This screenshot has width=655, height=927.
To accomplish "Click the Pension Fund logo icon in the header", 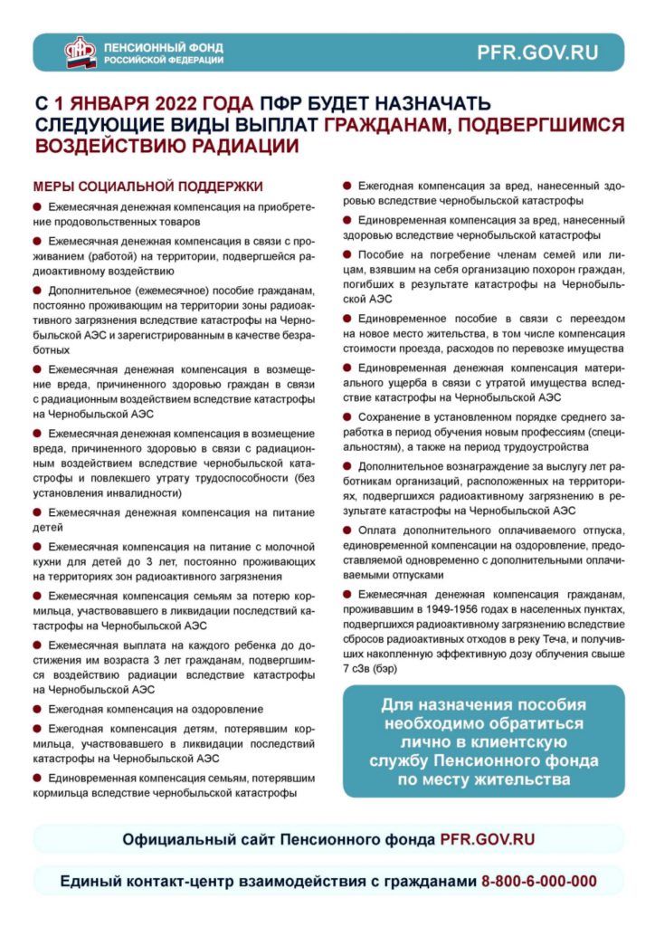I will click(x=81, y=52).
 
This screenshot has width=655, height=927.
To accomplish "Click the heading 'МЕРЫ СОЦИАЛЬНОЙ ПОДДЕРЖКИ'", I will click(x=148, y=186).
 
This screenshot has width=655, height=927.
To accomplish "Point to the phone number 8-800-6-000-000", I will click(x=539, y=881).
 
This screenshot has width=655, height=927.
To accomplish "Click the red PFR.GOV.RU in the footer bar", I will click(x=487, y=839).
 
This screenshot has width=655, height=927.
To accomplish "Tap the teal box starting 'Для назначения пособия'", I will click(x=483, y=741).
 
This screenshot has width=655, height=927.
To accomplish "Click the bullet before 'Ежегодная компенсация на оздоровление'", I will click(x=38, y=708).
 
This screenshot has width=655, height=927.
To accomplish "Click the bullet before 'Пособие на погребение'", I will click(x=347, y=254).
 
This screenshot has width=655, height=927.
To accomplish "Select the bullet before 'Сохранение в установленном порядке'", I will click(x=347, y=416).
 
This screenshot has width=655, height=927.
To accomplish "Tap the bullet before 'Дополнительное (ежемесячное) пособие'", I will click(x=38, y=290).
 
